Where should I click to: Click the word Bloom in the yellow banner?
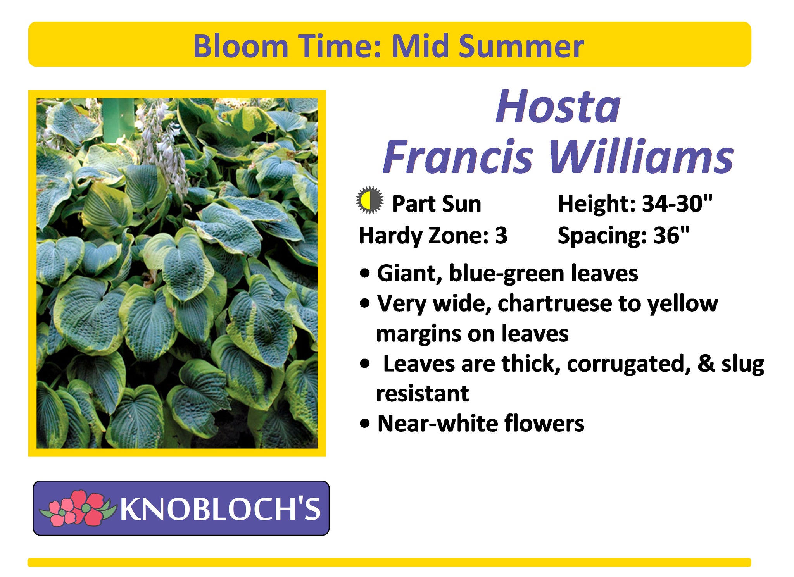[241, 46]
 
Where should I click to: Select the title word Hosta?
[558, 107]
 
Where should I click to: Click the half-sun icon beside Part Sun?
[370, 200]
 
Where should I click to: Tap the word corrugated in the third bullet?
[628, 364]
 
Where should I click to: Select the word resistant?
[422, 394]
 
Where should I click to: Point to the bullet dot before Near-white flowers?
[365, 424]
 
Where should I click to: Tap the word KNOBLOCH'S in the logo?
[220, 508]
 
